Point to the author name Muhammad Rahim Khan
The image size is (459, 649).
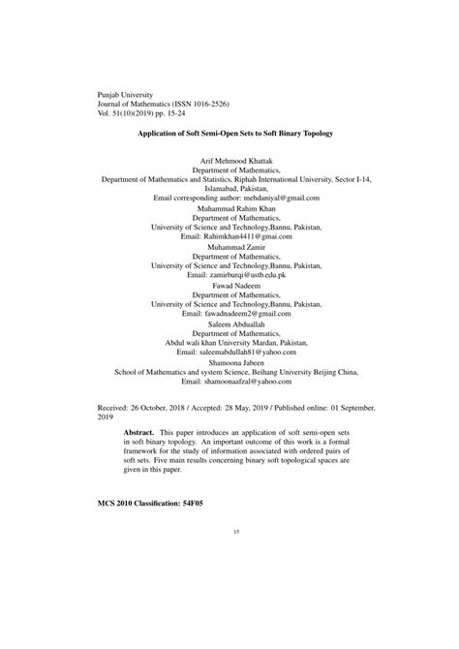coord(229,208)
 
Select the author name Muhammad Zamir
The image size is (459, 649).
coord(229,246)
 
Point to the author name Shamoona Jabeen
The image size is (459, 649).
coord(229,362)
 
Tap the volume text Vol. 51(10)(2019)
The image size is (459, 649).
coord(135,112)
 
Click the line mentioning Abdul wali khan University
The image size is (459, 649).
coord(229,343)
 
